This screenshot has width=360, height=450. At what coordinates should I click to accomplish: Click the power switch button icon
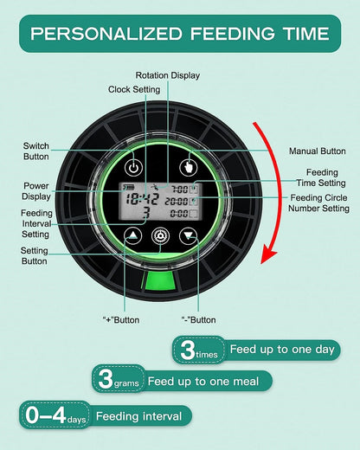coord(133,168)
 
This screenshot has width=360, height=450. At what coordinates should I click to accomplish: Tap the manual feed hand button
coord(189,167)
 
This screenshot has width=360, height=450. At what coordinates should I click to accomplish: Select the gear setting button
coord(160,236)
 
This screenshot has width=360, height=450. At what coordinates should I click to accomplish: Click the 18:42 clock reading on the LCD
coord(141,200)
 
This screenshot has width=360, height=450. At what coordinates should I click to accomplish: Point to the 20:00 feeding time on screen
coord(177,202)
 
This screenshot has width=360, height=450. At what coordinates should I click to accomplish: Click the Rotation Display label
coord(168,75)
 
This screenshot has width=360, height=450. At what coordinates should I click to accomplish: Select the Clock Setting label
coord(134,89)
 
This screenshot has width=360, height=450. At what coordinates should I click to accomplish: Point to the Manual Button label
coord(318,151)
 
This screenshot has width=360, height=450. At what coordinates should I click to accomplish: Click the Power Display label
coord(36,191)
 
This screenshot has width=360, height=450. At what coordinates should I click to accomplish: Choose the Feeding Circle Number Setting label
coord(318,203)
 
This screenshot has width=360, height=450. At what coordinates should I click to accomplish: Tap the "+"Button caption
coord(121,320)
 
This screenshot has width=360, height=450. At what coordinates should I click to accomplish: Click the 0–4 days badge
coord(55,415)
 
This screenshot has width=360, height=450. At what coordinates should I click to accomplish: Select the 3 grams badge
coord(119,379)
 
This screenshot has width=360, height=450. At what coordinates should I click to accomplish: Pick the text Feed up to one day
coord(282,350)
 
